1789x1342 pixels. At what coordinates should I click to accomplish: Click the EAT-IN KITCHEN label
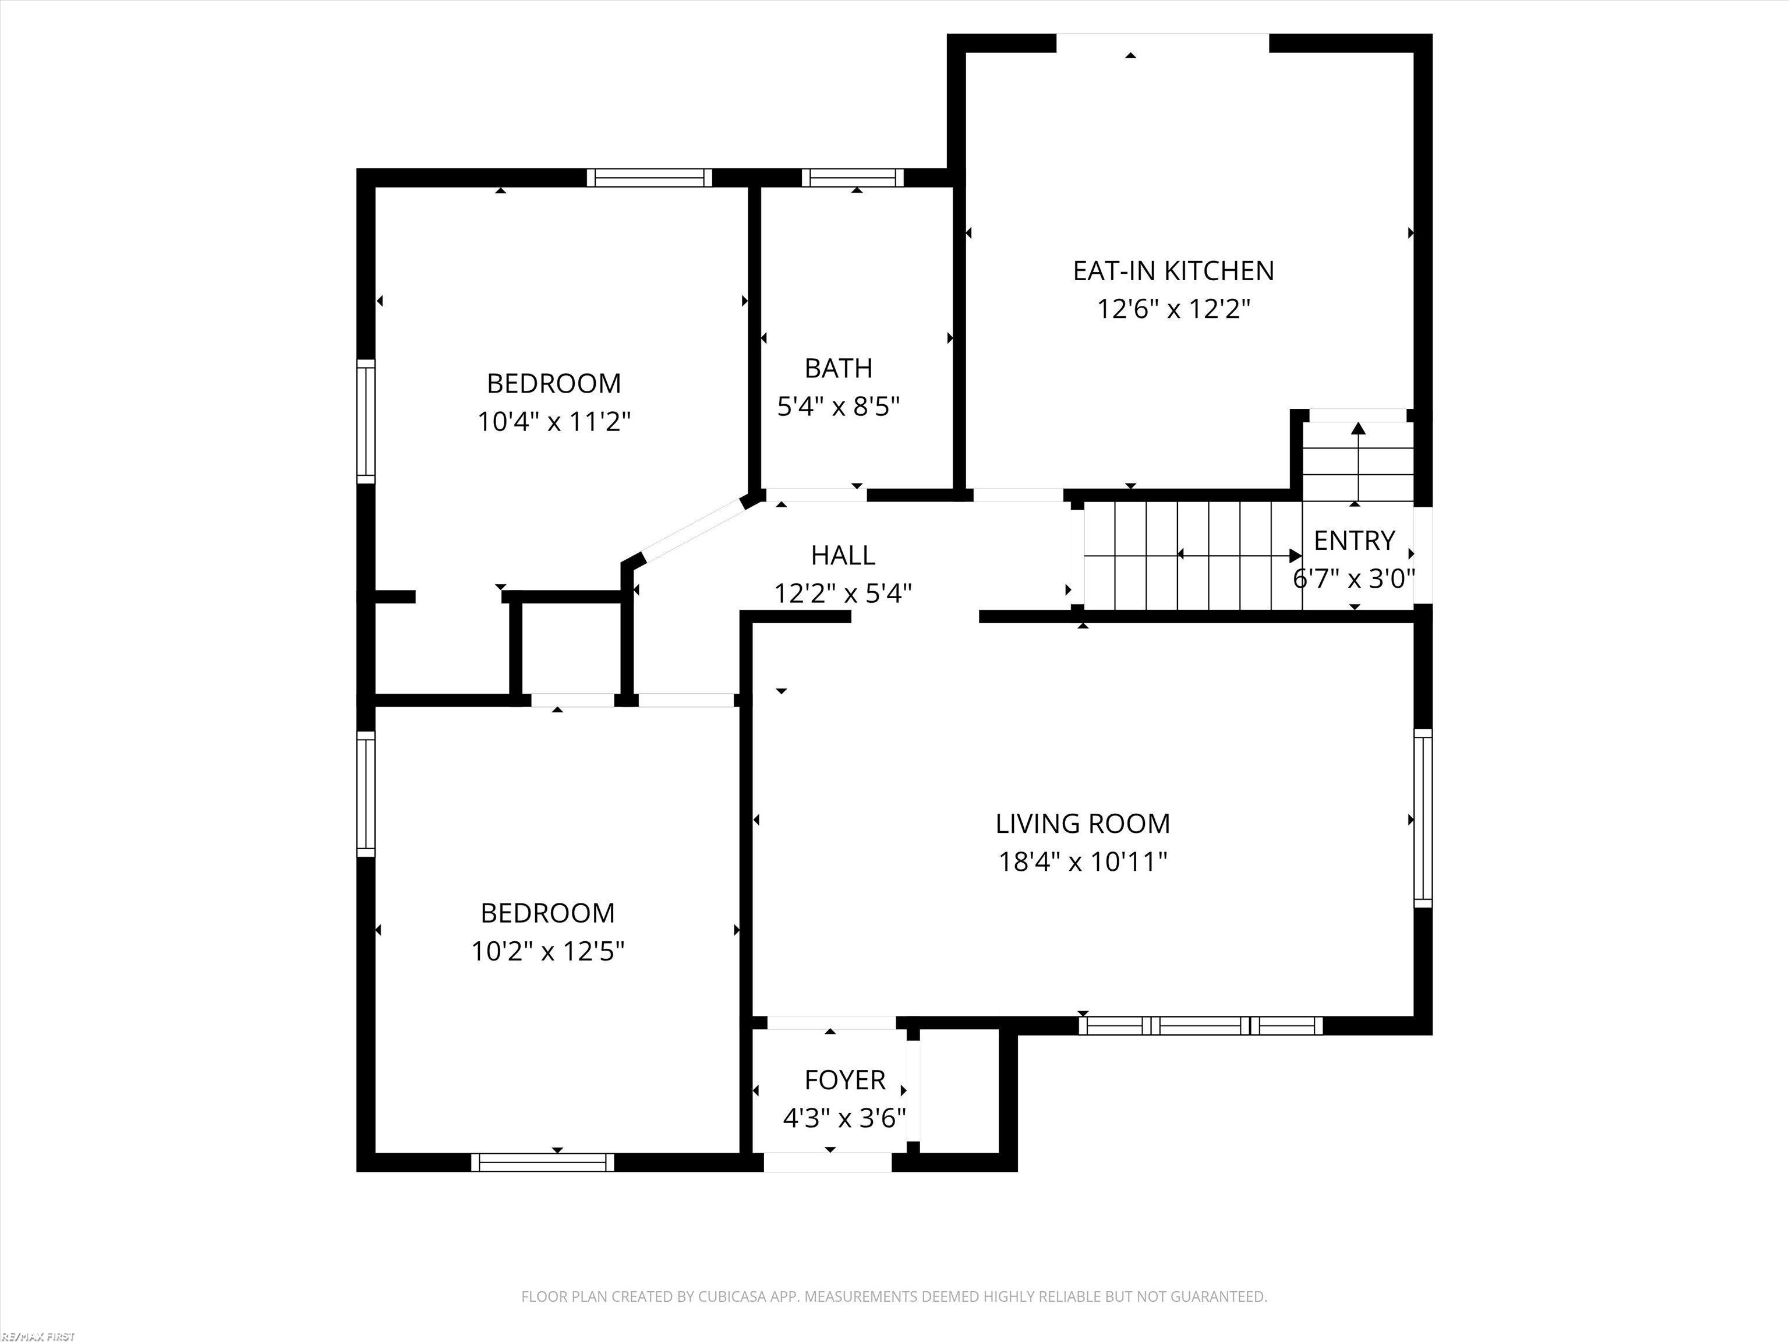(1173, 271)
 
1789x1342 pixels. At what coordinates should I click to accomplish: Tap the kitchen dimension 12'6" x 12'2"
(1173, 309)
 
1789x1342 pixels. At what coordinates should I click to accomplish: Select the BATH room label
(838, 368)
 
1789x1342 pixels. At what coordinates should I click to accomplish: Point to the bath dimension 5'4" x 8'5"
(838, 406)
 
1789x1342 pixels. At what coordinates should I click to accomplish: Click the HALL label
(843, 555)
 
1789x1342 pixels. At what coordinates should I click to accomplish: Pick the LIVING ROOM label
(1082, 824)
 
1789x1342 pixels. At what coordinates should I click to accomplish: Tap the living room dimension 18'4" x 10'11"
(1082, 861)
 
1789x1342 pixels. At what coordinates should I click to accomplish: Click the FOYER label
(844, 1080)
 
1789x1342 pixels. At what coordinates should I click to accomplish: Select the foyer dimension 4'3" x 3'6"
(844, 1118)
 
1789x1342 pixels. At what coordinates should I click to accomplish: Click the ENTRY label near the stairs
(1354, 541)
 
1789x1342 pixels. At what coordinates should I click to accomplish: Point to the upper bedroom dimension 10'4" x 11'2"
(554, 422)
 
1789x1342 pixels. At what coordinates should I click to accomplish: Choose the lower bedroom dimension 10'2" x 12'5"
(547, 951)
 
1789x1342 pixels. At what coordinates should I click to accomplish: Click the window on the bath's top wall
(853, 177)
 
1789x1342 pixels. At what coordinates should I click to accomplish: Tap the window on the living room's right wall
(1423, 818)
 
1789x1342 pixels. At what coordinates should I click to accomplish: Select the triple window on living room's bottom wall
(1200, 1026)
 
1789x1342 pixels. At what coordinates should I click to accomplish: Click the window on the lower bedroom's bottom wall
(543, 1163)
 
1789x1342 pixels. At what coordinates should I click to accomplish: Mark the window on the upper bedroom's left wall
(366, 422)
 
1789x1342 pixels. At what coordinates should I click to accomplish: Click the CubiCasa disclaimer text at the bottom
(894, 1297)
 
